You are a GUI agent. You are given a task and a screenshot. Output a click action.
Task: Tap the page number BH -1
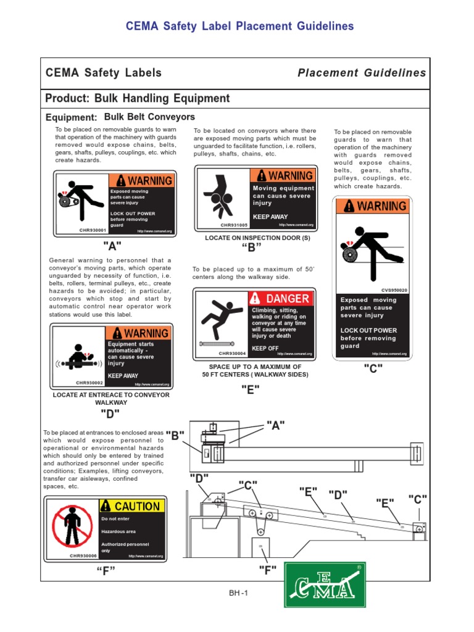coord(237,593)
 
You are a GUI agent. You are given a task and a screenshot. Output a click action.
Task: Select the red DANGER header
coord(281,299)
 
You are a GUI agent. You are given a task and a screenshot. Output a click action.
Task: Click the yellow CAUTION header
coord(132,506)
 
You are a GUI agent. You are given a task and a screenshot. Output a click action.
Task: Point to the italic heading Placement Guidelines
coord(362,73)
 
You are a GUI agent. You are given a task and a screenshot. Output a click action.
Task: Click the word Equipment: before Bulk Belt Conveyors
coord(72,118)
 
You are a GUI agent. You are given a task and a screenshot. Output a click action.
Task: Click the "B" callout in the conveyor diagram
coord(175,436)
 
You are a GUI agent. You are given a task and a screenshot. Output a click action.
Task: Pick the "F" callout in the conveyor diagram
coord(268,568)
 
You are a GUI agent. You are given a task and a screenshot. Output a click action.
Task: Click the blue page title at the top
coord(239,26)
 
